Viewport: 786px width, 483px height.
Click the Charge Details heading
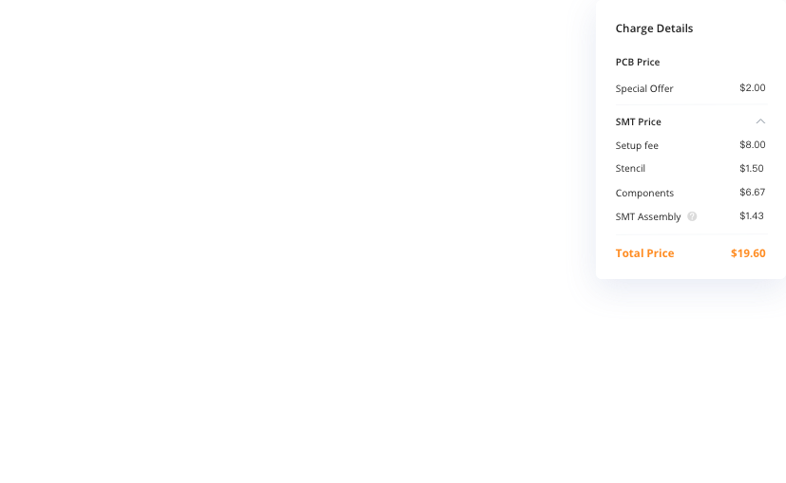point(654,28)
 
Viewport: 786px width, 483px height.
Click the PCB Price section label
point(637,62)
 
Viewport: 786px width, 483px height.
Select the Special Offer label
point(644,88)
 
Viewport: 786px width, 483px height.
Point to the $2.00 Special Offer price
point(752,87)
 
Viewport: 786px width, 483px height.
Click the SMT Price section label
point(638,121)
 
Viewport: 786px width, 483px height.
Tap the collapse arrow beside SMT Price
point(760,121)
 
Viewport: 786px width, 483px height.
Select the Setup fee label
point(637,145)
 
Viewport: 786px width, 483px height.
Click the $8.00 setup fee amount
point(752,144)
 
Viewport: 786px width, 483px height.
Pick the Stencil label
point(630,168)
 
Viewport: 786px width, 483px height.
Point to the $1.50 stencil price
point(752,168)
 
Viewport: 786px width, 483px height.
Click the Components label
point(644,193)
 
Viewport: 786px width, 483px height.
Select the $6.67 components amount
point(752,192)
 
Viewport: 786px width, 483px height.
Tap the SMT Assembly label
point(648,216)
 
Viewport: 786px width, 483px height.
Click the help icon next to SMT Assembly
point(692,216)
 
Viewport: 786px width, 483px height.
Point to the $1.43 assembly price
point(752,215)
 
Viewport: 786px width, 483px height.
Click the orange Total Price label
point(644,253)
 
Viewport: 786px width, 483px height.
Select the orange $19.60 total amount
point(748,253)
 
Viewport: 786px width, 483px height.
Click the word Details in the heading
point(674,28)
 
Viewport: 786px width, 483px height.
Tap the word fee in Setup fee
point(650,145)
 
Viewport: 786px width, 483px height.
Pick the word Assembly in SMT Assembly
point(660,216)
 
